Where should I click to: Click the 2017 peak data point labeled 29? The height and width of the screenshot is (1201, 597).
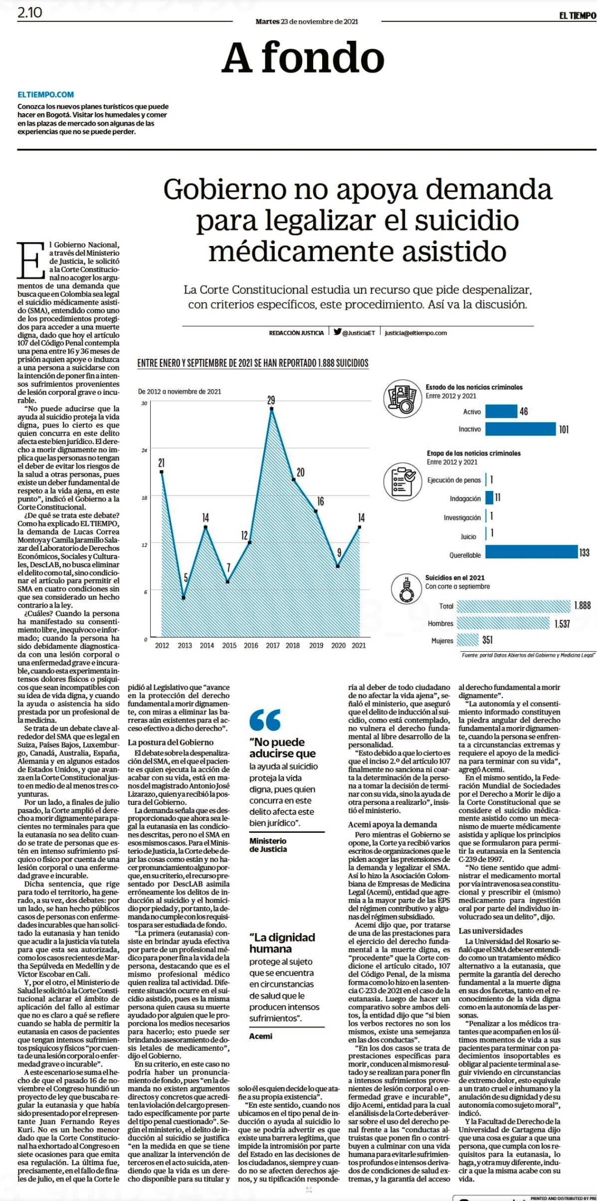tap(272, 409)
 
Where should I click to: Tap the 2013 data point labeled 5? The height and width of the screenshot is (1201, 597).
tap(184, 597)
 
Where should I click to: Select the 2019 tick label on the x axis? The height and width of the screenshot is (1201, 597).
tap(316, 645)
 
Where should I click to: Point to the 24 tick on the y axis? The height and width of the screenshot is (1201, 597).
tap(144, 451)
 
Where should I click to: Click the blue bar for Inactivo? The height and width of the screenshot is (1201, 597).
tap(520, 429)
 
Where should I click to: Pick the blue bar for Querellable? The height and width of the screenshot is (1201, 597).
tap(531, 552)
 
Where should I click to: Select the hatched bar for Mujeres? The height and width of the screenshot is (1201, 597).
tap(468, 640)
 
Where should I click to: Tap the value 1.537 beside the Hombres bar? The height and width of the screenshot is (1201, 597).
tap(562, 624)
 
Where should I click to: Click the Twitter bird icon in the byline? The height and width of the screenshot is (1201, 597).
tap(338, 332)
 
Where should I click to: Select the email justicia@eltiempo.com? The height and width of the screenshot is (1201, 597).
tap(415, 333)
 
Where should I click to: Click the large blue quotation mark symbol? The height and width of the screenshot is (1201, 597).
tap(265, 720)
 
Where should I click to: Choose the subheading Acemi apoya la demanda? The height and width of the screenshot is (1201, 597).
tap(393, 824)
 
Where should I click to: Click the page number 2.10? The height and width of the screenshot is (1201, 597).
tap(30, 13)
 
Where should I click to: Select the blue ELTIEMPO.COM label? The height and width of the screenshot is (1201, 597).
tap(46, 94)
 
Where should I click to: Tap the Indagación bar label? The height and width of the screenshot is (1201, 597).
tap(465, 498)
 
